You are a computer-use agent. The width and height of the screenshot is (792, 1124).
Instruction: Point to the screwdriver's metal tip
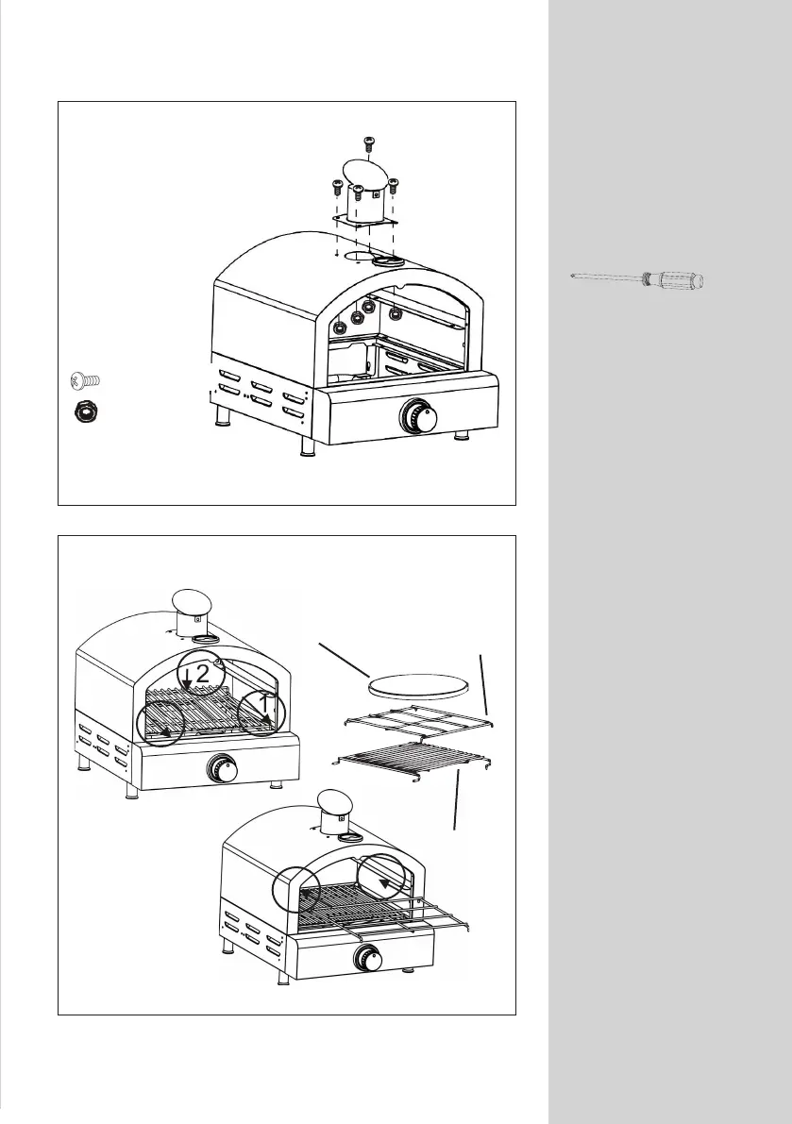pyautogui.click(x=574, y=277)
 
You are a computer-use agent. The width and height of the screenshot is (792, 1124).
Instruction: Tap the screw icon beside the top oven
pyautogui.click(x=85, y=381)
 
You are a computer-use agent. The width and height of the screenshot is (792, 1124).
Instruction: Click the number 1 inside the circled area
pyautogui.click(x=264, y=704)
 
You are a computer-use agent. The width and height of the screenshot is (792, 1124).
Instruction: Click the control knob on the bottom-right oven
pyautogui.click(x=366, y=960)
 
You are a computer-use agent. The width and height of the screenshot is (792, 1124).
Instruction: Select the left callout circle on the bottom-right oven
pyautogui.click(x=296, y=889)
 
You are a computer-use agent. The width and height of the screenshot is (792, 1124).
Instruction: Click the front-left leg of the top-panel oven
pyautogui.click(x=305, y=444)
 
